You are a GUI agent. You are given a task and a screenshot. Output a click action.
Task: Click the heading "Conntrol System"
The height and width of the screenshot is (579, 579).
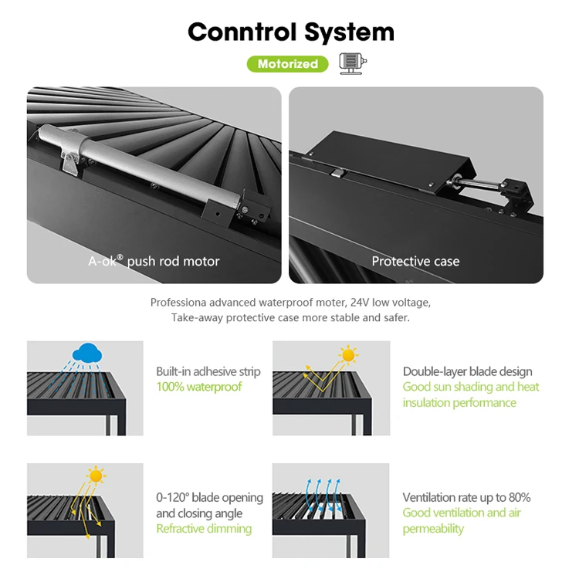click(290, 32)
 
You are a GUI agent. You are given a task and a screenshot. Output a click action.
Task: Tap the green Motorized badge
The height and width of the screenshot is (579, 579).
click(287, 64)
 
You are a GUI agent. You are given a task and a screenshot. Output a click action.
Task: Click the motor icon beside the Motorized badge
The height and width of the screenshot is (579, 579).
click(353, 64)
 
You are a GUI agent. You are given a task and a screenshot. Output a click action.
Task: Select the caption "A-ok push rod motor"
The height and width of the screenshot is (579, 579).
click(154, 261)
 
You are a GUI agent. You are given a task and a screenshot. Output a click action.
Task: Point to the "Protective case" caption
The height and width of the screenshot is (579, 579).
click(415, 261)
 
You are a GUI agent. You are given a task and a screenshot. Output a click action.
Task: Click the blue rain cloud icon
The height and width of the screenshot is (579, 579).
click(88, 354)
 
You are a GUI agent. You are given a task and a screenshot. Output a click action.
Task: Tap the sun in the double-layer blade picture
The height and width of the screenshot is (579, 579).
click(349, 355)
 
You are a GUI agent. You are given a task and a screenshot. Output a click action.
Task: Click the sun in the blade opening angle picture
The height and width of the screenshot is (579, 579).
click(96, 476)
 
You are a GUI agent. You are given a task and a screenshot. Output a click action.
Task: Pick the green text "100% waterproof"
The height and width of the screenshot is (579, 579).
click(198, 387)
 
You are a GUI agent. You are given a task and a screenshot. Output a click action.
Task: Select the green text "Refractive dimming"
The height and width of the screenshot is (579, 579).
click(204, 529)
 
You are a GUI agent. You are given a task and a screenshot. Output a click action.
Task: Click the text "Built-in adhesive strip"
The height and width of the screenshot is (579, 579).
click(208, 371)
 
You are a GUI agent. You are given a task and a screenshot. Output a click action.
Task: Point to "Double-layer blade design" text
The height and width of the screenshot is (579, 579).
click(467, 371)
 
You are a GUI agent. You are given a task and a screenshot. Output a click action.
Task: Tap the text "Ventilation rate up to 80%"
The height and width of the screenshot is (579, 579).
click(466, 497)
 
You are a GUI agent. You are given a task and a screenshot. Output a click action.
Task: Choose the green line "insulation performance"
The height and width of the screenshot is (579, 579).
click(459, 402)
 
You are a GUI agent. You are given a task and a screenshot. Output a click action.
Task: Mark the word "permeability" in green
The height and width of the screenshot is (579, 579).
click(433, 529)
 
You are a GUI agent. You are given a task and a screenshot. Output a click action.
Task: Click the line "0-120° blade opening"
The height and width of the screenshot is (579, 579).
click(209, 497)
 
